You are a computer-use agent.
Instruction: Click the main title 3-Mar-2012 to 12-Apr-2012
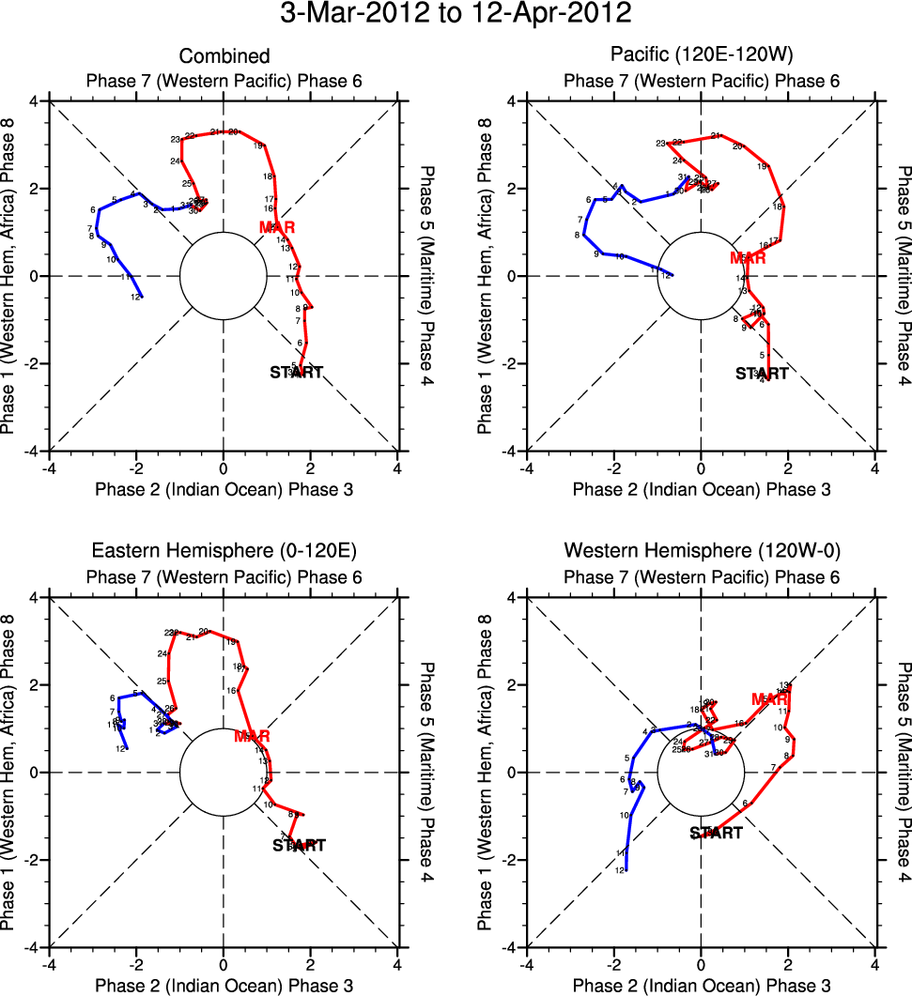pos(456,14)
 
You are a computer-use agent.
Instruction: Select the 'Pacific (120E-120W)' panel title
pos(701,56)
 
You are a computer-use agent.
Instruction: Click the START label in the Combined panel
pos(296,373)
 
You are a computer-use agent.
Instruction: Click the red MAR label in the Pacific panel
pos(749,258)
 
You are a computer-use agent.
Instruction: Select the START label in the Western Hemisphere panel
pos(716,833)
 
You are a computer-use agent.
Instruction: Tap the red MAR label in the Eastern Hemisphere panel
pos(252,736)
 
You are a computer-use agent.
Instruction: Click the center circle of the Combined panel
pos(224,276)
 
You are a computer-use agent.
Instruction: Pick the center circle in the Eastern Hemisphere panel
pos(224,772)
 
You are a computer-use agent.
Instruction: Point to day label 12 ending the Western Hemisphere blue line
pos(620,870)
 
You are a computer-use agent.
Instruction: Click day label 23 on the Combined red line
pos(176,140)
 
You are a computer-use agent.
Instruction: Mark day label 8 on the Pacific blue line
pos(577,235)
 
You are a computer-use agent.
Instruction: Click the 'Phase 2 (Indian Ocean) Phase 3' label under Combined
pos(224,489)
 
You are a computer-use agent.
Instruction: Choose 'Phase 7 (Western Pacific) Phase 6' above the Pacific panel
pos(701,81)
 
